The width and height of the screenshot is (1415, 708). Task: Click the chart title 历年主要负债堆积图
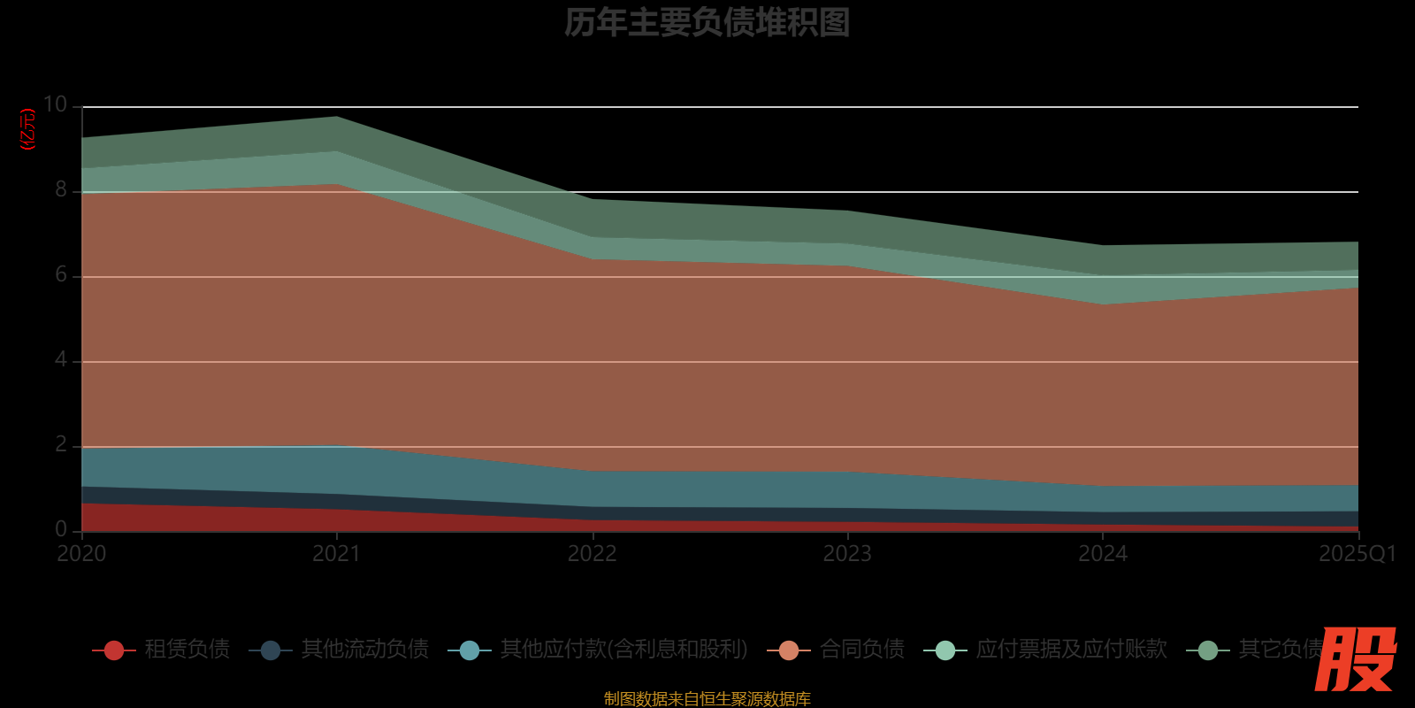coord(707,22)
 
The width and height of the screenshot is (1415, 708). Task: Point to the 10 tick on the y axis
coord(55,104)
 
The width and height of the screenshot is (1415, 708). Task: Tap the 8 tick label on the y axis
coord(61,189)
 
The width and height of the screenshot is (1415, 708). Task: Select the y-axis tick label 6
coord(61,274)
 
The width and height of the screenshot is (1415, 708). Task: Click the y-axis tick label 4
coord(61,359)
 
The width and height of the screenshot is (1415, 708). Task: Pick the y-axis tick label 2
coord(61,444)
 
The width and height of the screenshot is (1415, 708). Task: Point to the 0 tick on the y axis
coord(61,529)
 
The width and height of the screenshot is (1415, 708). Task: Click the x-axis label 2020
coord(81,554)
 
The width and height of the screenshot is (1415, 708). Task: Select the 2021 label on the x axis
coord(337,554)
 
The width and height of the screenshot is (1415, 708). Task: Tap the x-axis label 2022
coord(592,554)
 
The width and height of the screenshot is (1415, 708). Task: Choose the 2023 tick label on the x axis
coord(847,554)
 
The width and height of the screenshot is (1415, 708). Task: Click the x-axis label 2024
coord(1103,554)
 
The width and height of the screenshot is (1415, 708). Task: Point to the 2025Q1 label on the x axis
coord(1357,554)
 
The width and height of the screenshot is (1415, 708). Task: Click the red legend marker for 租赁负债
coord(114,650)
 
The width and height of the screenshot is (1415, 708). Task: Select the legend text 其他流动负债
coord(364,650)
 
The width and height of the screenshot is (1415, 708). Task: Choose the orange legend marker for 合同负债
coord(789,650)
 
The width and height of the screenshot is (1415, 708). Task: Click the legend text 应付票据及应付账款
coord(1071,650)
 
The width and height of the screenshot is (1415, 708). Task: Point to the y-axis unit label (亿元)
coord(28,129)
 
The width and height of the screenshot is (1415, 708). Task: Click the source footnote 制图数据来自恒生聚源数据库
coord(707,699)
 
